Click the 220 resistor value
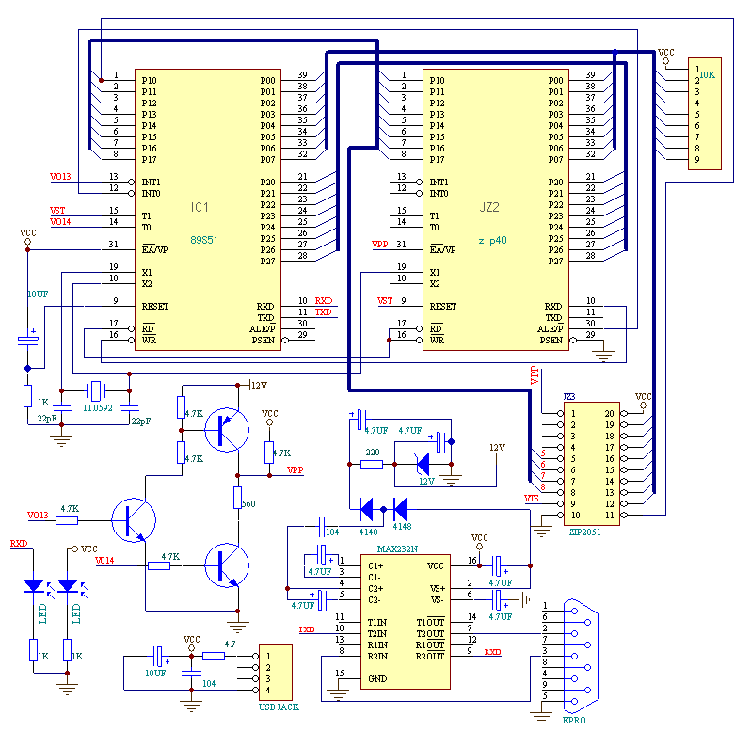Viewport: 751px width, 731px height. click(373, 453)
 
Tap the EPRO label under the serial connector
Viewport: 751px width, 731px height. click(574, 720)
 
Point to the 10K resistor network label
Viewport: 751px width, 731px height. click(707, 73)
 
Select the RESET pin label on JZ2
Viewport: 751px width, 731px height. click(443, 306)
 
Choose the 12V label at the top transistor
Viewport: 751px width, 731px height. click(259, 385)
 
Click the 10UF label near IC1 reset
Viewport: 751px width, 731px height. click(37, 294)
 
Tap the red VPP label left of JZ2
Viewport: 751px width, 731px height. click(380, 245)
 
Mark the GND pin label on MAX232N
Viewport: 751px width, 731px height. click(377, 678)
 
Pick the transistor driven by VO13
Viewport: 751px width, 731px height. click(129, 520)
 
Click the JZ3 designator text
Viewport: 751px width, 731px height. click(568, 397)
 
